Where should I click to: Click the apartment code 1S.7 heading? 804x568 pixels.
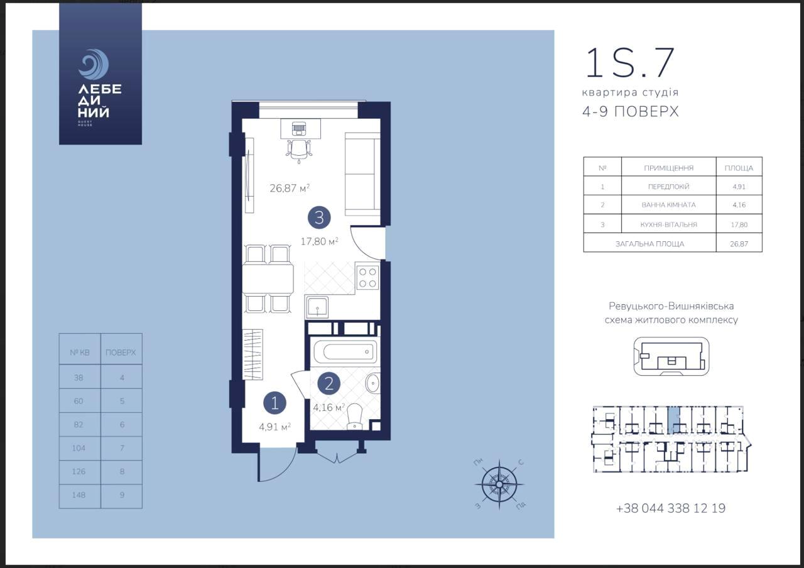629,63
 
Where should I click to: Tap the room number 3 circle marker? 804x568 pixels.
319,217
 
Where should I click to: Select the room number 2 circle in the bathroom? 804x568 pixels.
329,384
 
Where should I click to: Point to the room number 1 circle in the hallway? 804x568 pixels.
274,403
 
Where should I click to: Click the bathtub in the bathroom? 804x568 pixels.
345,352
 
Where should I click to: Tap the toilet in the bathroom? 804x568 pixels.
355,417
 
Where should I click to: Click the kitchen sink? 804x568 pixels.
317,307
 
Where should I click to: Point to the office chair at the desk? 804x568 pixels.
299,151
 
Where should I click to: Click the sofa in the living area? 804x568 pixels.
362,174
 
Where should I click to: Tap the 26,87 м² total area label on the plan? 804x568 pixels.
290,188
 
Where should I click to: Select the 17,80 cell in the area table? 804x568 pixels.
739,225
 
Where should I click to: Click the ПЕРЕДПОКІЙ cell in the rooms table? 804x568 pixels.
669,187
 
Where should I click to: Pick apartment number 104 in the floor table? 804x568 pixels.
79,448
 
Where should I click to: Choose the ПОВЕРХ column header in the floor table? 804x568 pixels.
121,352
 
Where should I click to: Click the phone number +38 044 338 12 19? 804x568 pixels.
671,508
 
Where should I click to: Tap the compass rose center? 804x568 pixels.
499,484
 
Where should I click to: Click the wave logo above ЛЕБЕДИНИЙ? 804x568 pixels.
94,64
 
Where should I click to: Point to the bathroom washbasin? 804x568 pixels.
373,383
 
